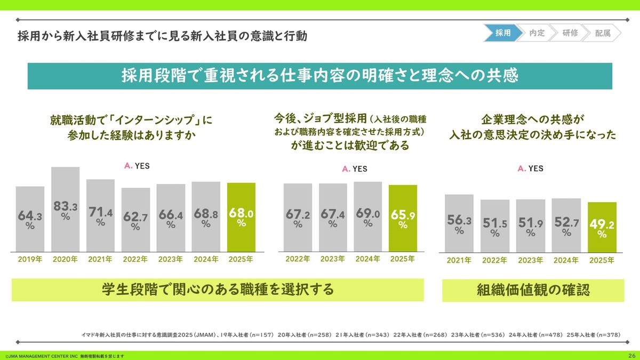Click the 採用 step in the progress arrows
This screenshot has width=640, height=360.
pos(502,33)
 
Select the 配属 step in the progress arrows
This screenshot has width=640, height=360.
pos(603,33)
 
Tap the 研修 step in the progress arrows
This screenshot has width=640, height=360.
pos(570,33)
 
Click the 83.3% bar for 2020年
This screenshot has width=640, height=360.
pos(65,209)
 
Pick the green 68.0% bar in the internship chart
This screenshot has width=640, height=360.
pos(241,217)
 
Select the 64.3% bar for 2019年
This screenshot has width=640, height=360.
pos(30,219)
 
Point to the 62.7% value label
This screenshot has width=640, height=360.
pos(135,219)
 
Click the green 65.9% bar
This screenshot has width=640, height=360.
pos(403,218)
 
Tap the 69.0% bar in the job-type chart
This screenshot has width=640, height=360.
pos(367,217)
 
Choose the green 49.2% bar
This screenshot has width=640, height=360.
pos(602,227)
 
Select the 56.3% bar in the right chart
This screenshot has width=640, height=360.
pos(459,223)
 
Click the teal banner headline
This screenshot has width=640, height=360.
pos(319,76)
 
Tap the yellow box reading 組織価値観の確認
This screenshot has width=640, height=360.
pos(533,290)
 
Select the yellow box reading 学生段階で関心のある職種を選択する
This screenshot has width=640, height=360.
pos(218,290)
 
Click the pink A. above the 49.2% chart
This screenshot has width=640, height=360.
pos(522,169)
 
